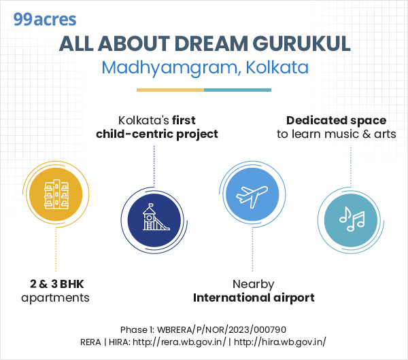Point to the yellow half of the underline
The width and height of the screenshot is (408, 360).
click(170, 90)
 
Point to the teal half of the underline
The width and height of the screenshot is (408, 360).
click(237, 90)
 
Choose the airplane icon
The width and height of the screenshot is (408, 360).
click(252, 196)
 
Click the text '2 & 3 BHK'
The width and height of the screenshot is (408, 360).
click(52, 284)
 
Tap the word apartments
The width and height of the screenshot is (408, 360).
click(55, 298)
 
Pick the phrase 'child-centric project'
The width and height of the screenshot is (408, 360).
click(157, 134)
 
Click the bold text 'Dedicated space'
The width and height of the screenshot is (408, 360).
click(336, 120)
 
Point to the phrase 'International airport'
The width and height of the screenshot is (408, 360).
click(254, 298)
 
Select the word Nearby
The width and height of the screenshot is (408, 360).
click(253, 284)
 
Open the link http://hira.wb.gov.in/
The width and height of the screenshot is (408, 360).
click(280, 342)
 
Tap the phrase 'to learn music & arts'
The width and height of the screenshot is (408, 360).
click(336, 134)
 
